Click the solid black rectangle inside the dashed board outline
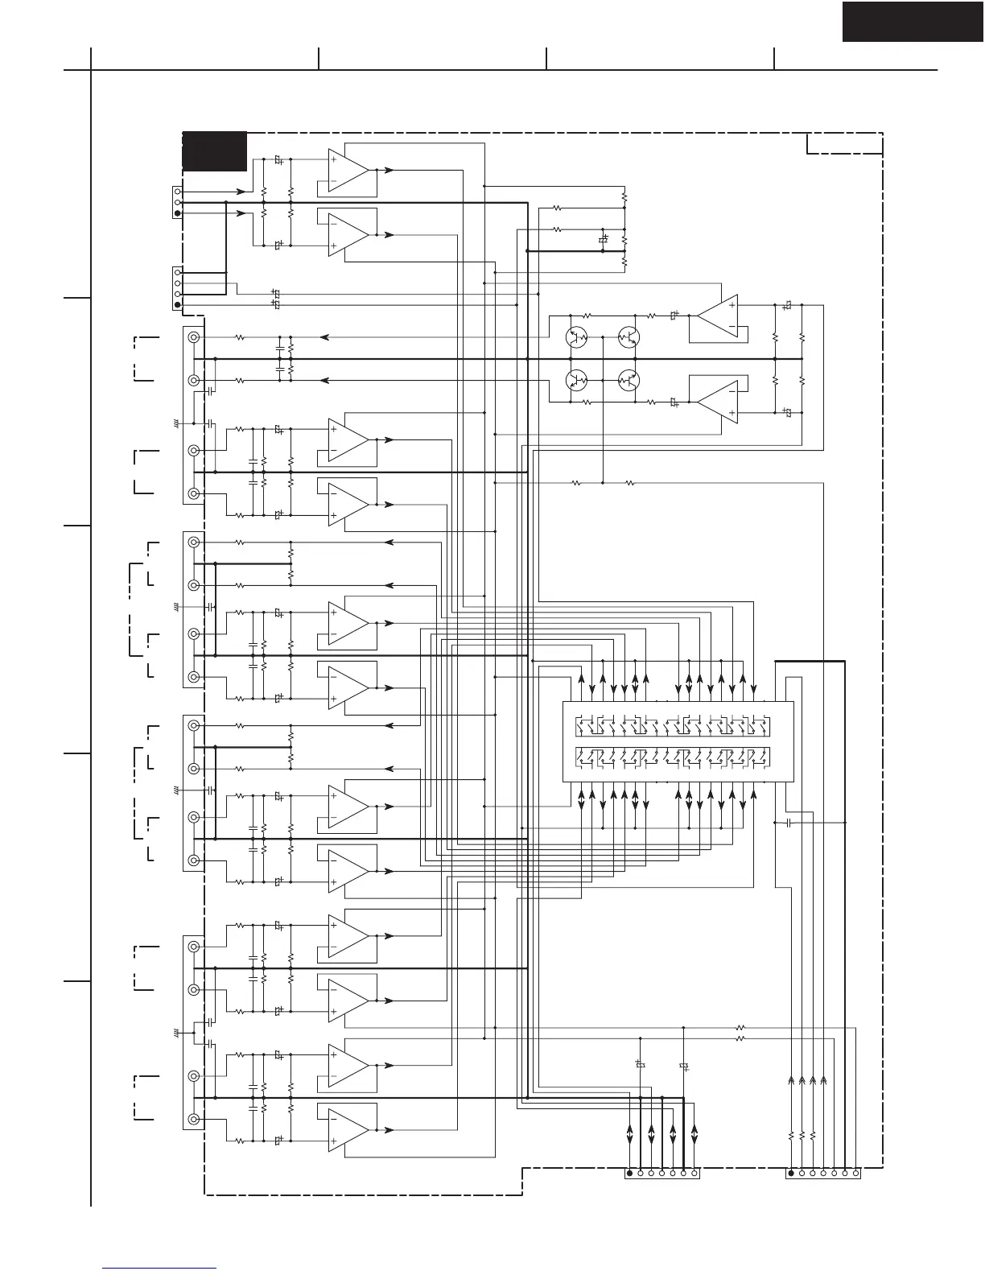coord(214,151)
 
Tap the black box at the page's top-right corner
coord(913,21)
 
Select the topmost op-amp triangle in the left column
coord(348,171)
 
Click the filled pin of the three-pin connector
coord(178,213)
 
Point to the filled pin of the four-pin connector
coord(178,305)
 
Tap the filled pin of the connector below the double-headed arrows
coord(629,1174)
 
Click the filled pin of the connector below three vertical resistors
coord(791,1174)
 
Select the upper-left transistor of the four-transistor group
coord(577,337)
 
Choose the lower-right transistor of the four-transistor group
coord(629,380)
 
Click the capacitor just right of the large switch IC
coord(789,823)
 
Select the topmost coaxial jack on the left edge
coord(194,337)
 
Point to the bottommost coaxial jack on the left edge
coord(194,1119)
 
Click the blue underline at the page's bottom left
coord(159,1268)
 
